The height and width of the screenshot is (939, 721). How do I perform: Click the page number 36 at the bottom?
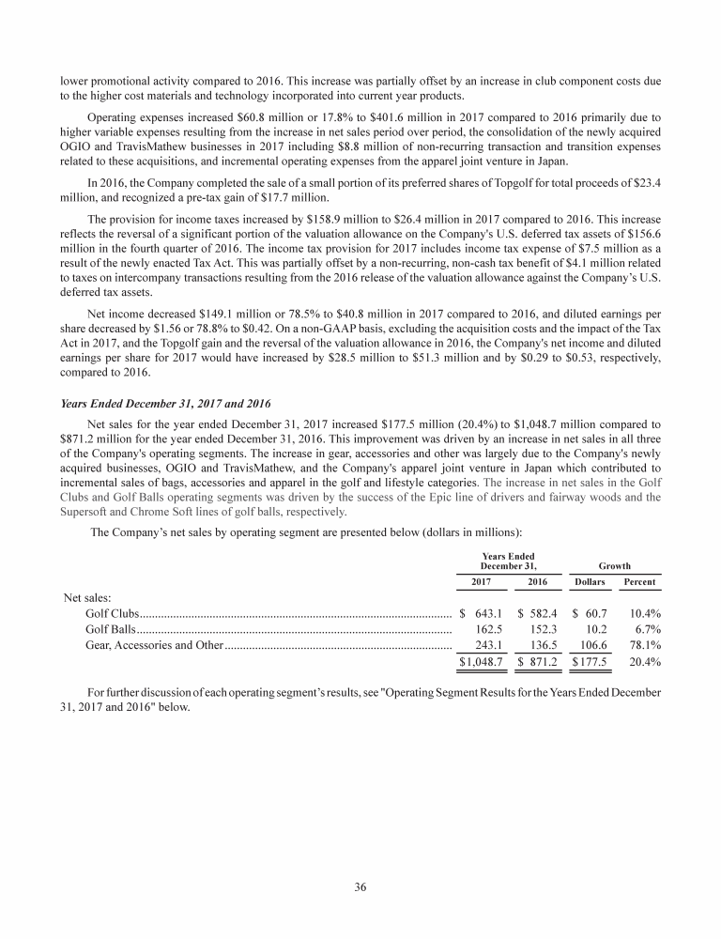pos(360,889)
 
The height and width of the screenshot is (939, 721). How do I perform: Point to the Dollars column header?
pos(590,583)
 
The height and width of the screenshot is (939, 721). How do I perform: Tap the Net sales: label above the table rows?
pos(87,597)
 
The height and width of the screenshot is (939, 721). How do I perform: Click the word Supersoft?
pos(83,513)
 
